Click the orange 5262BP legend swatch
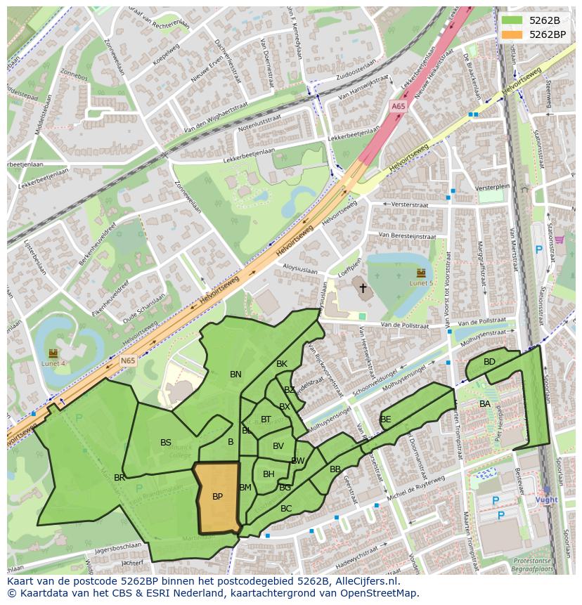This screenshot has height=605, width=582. pos(512,34)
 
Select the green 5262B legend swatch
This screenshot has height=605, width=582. pos(512,20)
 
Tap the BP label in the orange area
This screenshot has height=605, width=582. pos(217,497)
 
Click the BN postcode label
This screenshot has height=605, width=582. pos(235,375)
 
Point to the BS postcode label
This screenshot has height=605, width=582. pos(166,443)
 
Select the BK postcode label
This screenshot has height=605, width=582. pos(282,364)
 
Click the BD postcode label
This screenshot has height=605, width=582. pos(489,362)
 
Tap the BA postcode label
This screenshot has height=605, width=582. pos(485,404)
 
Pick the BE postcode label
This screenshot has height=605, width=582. pos(385,419)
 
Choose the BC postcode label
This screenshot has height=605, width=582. pos(286,508)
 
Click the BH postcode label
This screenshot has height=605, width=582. pos(269,474)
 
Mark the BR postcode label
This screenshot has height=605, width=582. pos(119,478)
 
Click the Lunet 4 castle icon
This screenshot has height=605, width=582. pos(53,353)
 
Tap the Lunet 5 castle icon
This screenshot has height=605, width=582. pos(421,272)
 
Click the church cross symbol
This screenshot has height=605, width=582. pos(363,287)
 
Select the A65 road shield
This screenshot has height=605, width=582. pos(398,106)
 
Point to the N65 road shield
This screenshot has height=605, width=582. pos(127,361)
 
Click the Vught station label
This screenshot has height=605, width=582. pos(546,500)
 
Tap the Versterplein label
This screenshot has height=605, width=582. pos(492,188)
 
